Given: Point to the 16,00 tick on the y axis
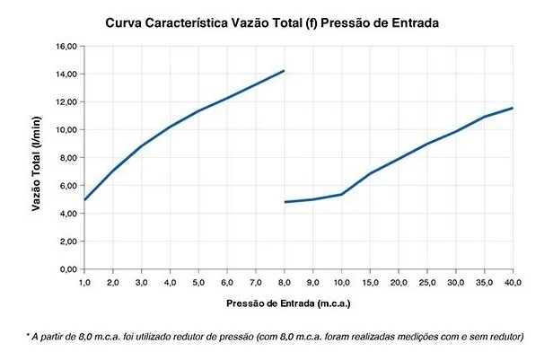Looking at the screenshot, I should click(66, 45).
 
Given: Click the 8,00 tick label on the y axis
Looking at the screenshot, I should click(67, 157).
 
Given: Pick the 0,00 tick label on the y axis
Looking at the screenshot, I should click(67, 269).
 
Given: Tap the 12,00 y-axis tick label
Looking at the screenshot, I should click(66, 101).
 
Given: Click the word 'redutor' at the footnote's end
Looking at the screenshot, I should click(504, 337).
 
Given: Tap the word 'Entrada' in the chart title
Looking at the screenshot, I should click(415, 22).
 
